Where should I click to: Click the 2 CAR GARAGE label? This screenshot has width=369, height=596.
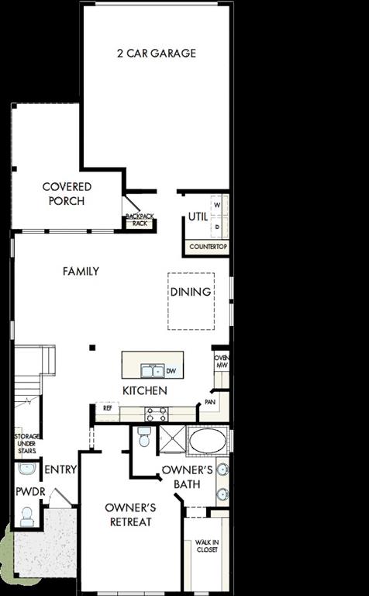coord(157,54)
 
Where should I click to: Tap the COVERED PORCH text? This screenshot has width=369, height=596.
coord(67,194)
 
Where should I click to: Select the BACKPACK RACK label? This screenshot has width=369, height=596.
coord(140,220)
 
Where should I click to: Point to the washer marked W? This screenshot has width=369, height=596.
coord(217,206)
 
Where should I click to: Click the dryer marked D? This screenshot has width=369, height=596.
coord(217,227)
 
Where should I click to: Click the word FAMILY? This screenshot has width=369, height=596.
coord(81,272)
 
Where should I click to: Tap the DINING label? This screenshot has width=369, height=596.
coord(191,292)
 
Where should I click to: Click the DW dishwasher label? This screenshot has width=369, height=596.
coord(171,372)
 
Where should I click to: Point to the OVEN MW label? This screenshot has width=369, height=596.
coord(222,362)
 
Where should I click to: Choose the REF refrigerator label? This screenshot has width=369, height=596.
coord(107,407)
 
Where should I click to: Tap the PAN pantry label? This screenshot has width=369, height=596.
coord(209,402)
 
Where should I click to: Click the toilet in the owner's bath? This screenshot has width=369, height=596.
coord(143,438)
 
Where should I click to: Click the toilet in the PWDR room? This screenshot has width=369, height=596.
coord(26,516)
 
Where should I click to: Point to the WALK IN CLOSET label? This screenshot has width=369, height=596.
coord(206,546)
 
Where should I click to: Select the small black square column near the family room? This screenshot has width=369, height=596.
coord(91,348)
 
